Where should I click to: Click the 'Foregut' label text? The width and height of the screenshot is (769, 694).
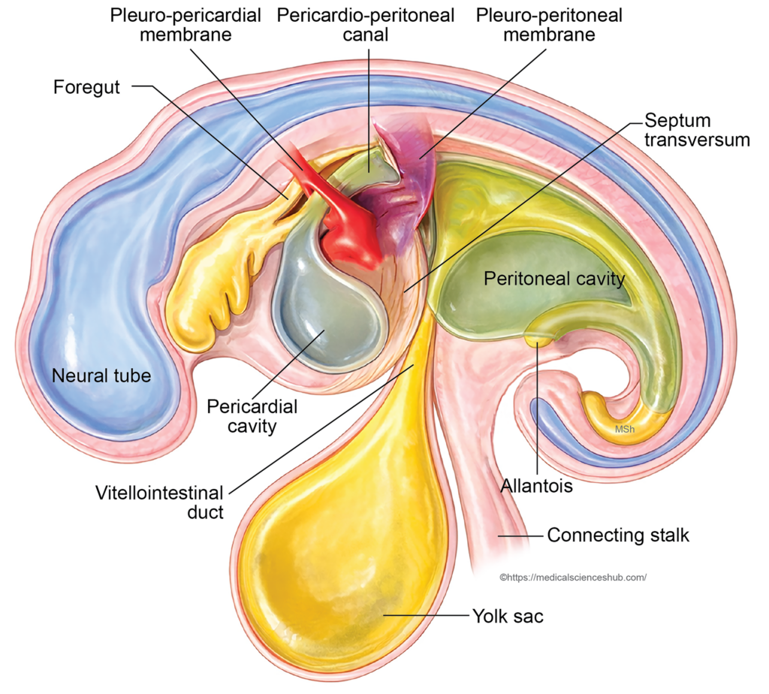click(86, 87)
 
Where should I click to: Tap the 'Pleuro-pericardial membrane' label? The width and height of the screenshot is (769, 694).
click(187, 25)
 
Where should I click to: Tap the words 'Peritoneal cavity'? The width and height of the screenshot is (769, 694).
click(554, 279)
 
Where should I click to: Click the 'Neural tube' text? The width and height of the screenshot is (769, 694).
click(101, 376)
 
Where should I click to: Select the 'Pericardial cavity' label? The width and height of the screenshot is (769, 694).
click(252, 416)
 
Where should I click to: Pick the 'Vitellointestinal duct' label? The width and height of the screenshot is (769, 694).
click(159, 502)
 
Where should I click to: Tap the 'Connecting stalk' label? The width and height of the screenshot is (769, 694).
click(618, 536)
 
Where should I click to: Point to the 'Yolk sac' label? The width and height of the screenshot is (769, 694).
click(508, 617)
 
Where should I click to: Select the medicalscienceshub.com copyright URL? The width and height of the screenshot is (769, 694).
click(573, 578)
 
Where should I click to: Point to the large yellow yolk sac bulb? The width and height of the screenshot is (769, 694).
click(338, 548)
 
